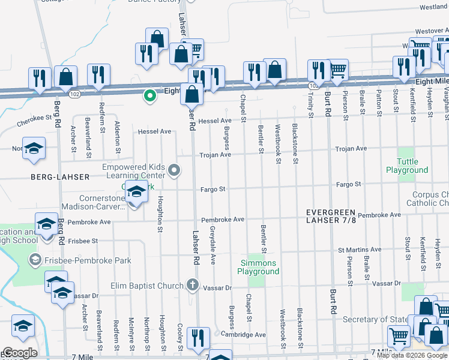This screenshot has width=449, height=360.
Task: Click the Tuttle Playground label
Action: click(407, 166)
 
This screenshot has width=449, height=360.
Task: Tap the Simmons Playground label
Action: click(259, 267)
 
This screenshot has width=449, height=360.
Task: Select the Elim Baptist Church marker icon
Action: click(192, 284)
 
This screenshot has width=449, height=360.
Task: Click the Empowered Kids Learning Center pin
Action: click(175, 171)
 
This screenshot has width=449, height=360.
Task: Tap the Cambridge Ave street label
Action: click(243, 334)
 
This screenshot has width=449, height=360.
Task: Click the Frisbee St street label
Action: click(83, 241)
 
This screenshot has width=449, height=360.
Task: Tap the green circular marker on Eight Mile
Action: click(148, 95)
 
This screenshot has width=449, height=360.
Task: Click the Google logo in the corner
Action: click(20, 353)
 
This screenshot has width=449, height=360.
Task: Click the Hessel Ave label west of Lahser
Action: click(155, 131)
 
